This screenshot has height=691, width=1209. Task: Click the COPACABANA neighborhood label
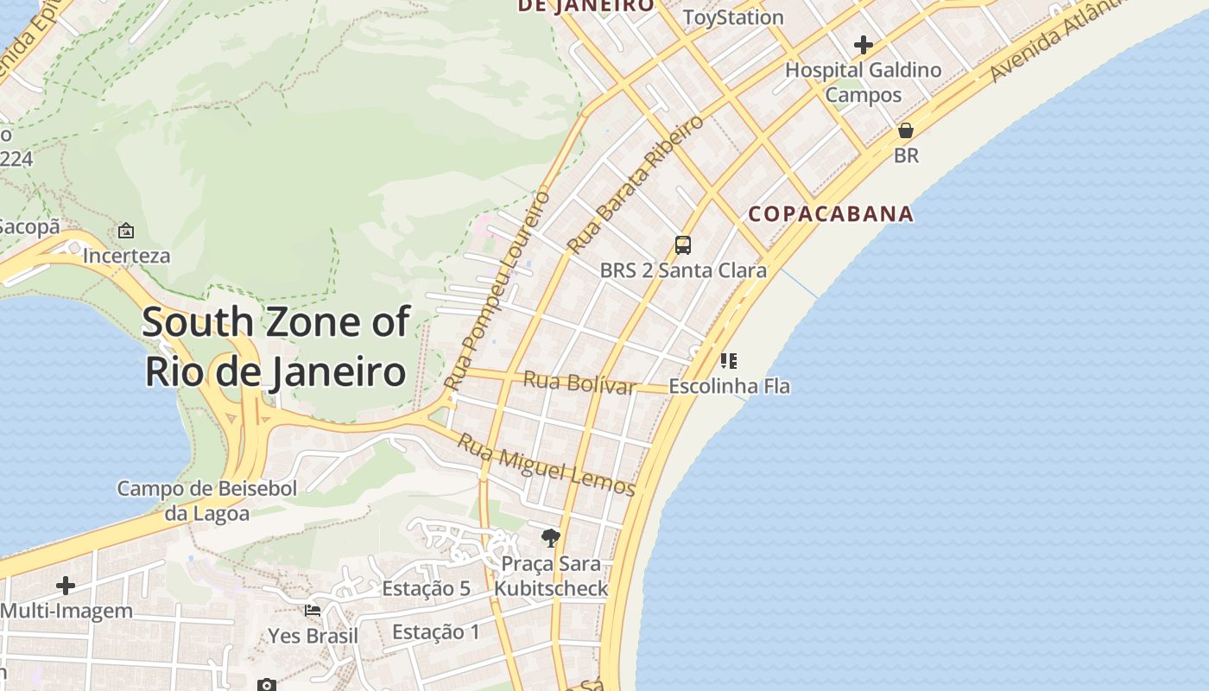click(831, 214)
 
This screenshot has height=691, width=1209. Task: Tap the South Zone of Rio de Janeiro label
click(275, 346)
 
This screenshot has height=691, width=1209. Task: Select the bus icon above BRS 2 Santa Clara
click(683, 245)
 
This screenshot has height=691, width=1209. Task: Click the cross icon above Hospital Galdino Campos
click(863, 45)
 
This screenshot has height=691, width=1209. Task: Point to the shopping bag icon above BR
click(906, 131)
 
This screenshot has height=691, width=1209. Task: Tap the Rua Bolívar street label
click(579, 382)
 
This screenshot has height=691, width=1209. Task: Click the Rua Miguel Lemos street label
click(546, 465)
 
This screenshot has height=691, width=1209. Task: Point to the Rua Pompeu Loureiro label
click(497, 289)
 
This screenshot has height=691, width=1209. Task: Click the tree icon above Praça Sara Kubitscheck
click(550, 539)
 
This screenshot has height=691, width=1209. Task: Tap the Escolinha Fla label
click(729, 386)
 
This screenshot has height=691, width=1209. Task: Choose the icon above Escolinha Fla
click(729, 360)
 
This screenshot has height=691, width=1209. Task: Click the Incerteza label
click(126, 256)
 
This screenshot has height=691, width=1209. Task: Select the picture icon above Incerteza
click(126, 231)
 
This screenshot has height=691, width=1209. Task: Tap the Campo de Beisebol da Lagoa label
click(207, 501)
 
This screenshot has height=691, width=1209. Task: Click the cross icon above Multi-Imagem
click(66, 586)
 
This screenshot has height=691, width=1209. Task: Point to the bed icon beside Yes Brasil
click(313, 611)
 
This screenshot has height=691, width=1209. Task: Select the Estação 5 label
click(426, 589)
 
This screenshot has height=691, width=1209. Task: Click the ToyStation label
click(733, 17)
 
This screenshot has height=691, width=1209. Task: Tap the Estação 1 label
click(435, 632)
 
